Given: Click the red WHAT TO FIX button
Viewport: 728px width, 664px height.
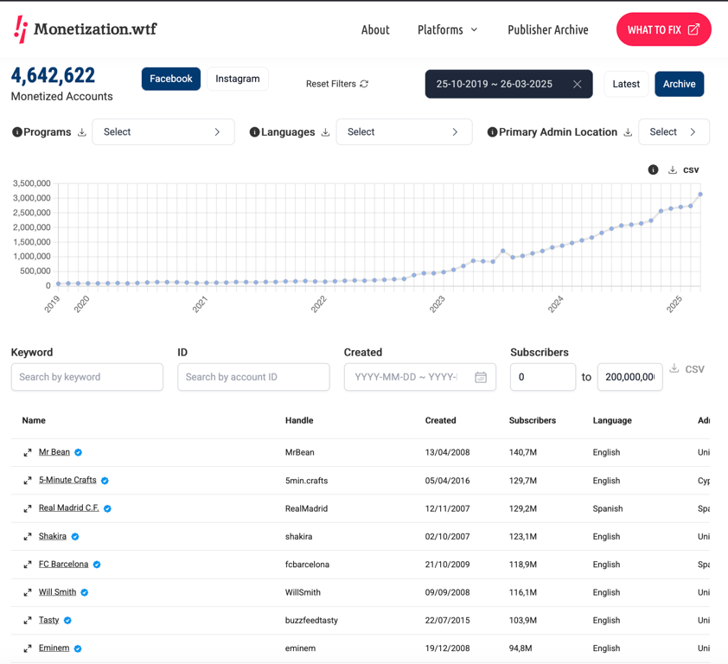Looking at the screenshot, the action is pos(663,29).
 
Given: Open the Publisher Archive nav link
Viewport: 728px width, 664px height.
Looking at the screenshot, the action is pos(548,29).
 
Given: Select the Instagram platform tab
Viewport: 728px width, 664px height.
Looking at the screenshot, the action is pos(237,79).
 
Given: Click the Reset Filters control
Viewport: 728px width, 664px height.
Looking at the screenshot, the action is pos(337,84).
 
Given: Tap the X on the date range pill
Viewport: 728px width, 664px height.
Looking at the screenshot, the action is pos(577,84).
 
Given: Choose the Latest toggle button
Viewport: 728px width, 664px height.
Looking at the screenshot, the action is pos(626,84).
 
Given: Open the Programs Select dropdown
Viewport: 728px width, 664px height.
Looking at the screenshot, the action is pos(163,132).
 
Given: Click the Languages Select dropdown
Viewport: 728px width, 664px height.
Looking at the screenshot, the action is pos(404,132).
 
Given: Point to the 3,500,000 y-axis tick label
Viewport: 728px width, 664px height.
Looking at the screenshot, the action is pos(32,183).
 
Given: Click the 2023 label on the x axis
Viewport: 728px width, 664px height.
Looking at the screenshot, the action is pos(437,304).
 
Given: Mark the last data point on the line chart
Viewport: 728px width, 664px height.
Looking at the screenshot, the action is pos(700,195).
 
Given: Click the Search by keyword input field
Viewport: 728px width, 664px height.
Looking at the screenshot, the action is pos(87,377).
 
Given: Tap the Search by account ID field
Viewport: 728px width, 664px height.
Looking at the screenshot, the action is pos(253,377).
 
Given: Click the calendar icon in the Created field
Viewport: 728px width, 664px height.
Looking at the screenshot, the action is pos(481,377).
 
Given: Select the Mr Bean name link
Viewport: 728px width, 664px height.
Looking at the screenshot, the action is pos(54,452).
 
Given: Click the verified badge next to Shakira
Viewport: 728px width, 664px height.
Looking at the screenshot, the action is pos(75,536).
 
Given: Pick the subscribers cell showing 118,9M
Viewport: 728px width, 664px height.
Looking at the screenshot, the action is pos(523,565).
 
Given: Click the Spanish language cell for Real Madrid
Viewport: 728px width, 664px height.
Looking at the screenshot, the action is pos(608,508).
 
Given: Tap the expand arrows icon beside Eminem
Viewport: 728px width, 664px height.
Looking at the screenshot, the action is pos(28,648).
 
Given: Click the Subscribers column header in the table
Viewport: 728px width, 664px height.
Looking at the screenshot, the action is pos(533,420).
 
